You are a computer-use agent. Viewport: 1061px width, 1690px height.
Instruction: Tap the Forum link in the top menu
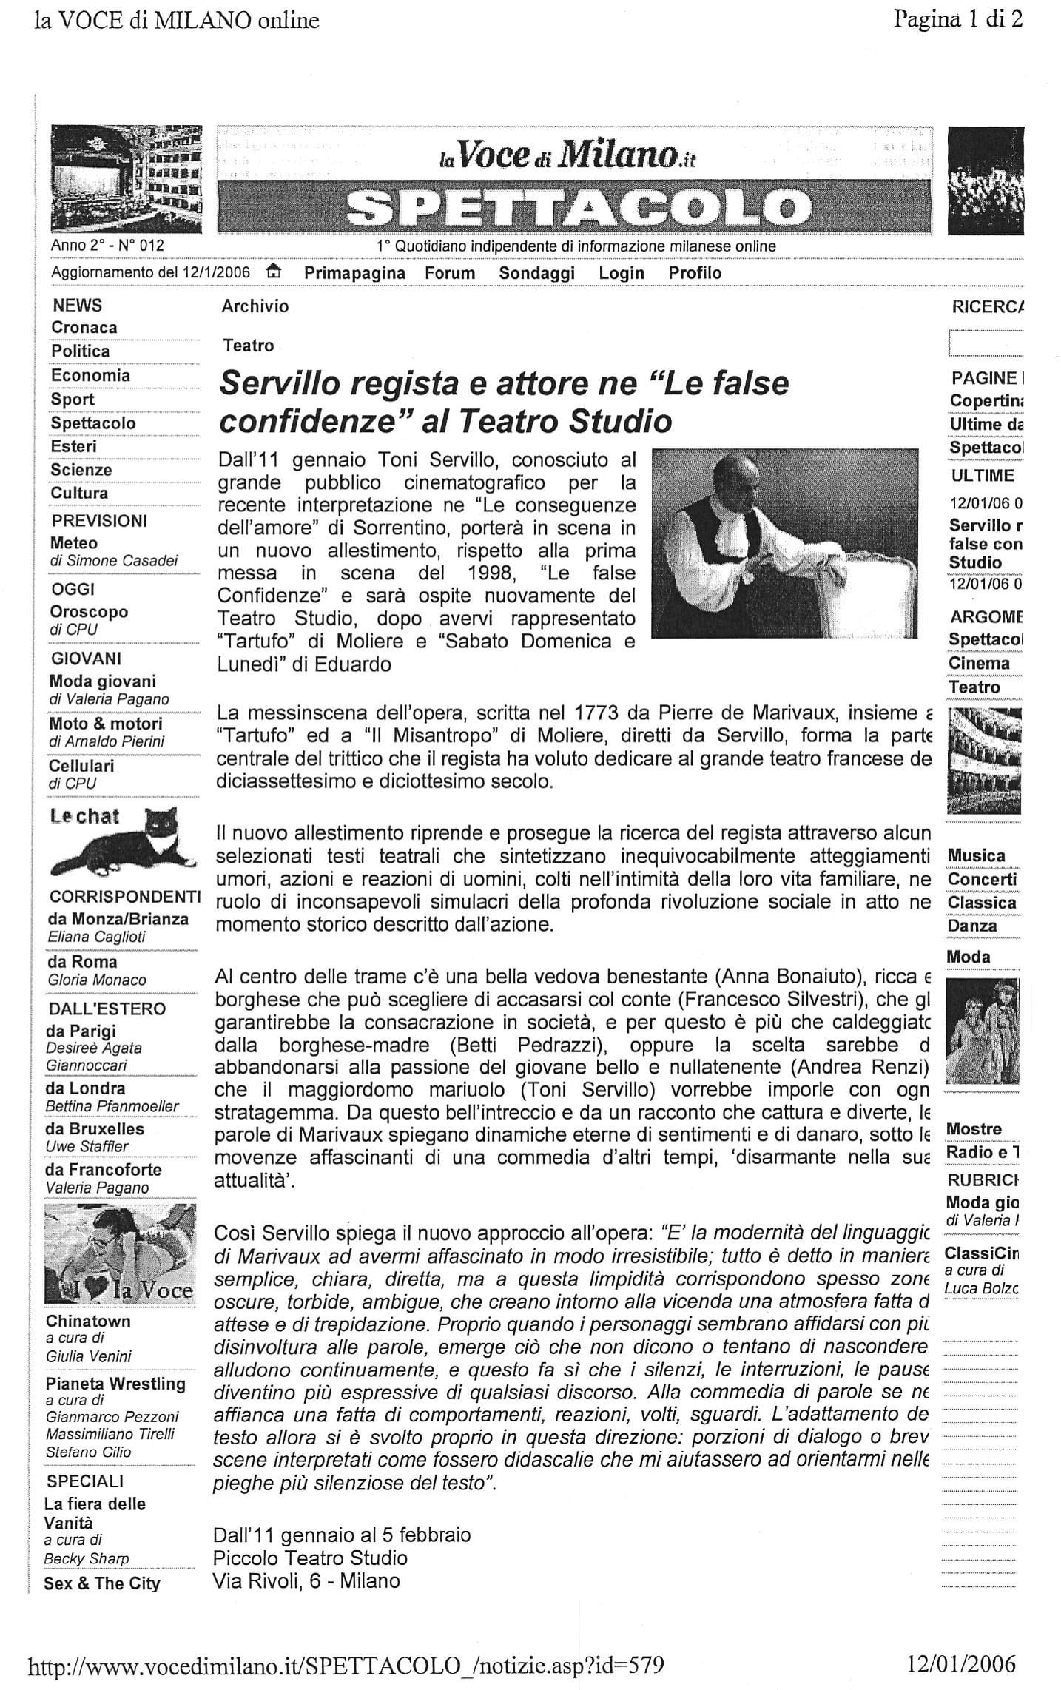pos(450,273)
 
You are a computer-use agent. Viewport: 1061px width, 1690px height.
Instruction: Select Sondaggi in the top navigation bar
pos(536,273)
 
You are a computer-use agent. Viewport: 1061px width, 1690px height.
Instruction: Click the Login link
pos(622,273)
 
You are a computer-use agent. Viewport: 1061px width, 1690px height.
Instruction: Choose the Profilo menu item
pos(695,273)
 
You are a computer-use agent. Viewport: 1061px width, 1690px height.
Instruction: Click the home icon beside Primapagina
pos(274,272)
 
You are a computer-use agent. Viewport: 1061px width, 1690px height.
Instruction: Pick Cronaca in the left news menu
pos(84,328)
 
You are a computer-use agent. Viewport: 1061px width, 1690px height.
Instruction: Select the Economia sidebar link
pos(90,376)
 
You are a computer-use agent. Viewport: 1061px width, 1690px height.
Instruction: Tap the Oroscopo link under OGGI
pos(89,612)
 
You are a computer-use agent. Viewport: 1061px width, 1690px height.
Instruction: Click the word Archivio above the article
pos(255,306)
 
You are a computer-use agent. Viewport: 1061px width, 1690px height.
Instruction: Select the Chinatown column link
pos(88,1321)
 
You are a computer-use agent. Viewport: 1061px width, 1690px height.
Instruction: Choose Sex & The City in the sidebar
pos(102,1583)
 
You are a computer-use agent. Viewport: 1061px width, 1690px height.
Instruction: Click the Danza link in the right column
pos(972,926)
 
